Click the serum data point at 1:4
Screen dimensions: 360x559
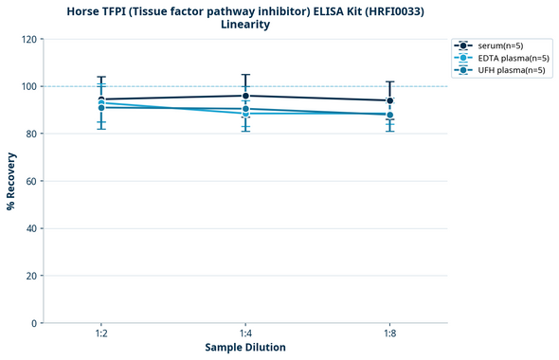pos(245,96)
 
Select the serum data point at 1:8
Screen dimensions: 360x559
pos(390,100)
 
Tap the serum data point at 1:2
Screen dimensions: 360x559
pos(101,99)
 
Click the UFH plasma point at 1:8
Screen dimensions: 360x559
pos(390,115)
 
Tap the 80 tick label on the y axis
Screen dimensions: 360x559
pos(31,135)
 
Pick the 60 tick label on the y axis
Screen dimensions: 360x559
pos(31,181)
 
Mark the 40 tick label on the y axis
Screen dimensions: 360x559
pos(31,228)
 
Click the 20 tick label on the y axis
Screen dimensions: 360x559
pos(31,276)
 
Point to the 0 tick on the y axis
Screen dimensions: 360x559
pos(34,323)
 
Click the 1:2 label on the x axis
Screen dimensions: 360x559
pos(101,333)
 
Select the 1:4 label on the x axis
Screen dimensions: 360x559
pos(245,333)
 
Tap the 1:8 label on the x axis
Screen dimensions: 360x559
pos(390,333)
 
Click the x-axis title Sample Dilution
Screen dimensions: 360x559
pos(245,348)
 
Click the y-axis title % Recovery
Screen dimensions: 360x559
pos(11,181)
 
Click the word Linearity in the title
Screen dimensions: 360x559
pos(245,25)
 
